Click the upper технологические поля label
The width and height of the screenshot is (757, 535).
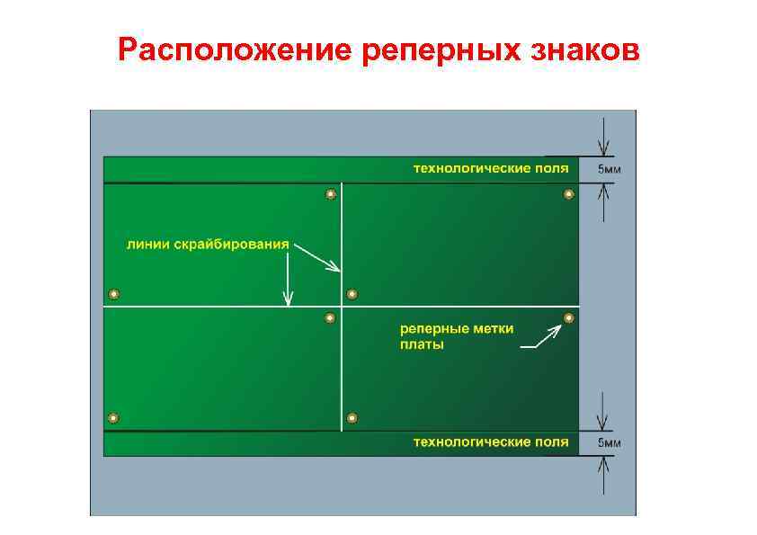490,168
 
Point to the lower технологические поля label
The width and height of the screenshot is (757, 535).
490,441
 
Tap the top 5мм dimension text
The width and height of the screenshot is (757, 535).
609,169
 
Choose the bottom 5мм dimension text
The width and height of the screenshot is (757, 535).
609,442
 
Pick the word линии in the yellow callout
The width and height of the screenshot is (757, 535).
147,244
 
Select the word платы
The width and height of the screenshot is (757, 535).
422,344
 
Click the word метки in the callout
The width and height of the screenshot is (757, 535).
494,329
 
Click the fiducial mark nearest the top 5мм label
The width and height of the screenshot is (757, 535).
568,194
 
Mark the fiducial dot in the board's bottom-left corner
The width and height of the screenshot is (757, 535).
113,417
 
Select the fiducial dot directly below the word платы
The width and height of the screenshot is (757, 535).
352,417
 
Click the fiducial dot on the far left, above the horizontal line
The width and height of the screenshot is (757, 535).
113,294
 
